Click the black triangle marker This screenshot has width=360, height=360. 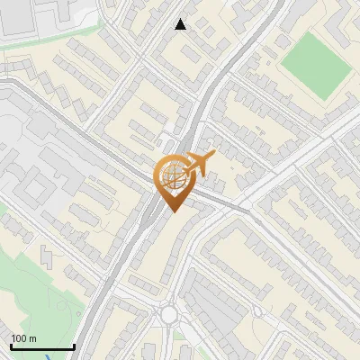(181, 24)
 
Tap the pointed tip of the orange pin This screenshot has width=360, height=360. (172, 211)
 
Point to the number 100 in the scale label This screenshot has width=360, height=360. (18, 338)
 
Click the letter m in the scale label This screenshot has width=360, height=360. (32, 338)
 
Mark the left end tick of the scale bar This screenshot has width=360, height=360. (10, 346)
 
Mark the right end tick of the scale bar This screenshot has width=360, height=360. (74, 346)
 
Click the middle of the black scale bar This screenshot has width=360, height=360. (41, 347)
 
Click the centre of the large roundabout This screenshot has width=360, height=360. (168, 314)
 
